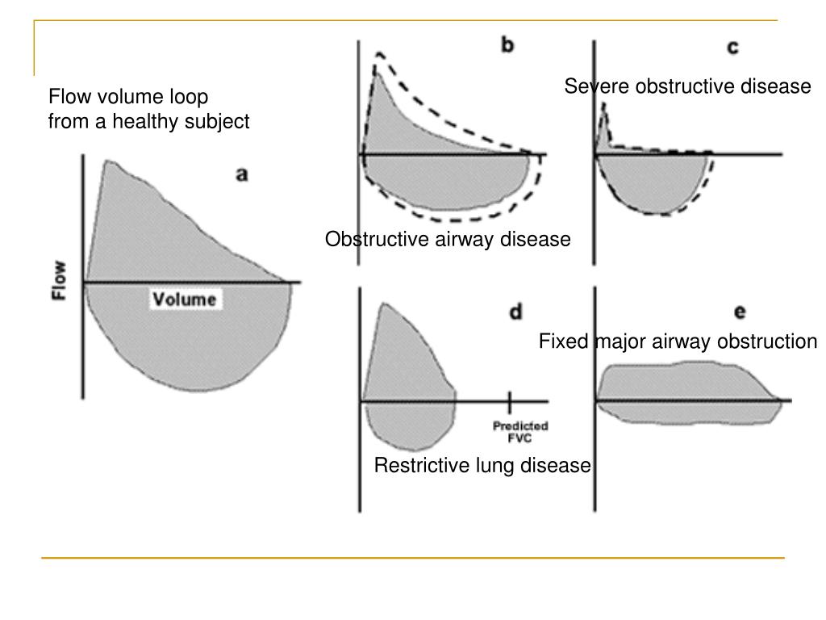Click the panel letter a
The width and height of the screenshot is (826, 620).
click(x=241, y=174)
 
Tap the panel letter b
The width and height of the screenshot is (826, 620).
click(x=507, y=45)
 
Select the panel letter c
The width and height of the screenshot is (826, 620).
click(x=732, y=48)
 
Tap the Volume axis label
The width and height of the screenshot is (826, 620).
click(x=185, y=300)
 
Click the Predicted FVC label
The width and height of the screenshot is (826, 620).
click(x=511, y=432)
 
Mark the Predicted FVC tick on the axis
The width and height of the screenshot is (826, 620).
click(x=510, y=400)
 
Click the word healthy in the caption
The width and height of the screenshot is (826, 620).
click(x=144, y=122)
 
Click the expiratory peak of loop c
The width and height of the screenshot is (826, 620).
click(x=603, y=105)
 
